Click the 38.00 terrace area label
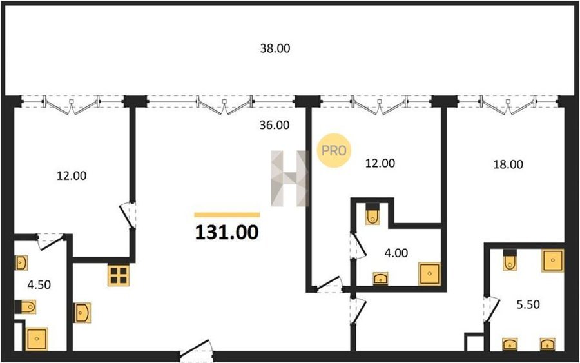coord(275,48)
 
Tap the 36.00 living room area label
coord(274,125)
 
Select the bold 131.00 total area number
coord(227,232)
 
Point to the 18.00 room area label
coord(508,164)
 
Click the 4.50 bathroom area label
coord(39,284)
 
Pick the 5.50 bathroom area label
coord(528,304)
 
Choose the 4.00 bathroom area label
coord(396,253)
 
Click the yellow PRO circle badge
coord(334,150)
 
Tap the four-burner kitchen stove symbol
coord(119,275)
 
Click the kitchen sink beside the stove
coord(82,313)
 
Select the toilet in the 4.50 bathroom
coord(26,307)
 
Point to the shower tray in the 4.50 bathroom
coord(37,339)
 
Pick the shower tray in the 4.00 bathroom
coord(429,274)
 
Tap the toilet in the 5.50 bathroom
coord(510,260)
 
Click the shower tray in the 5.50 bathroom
coord(553,260)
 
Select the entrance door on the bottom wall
coord(197,351)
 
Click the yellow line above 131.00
coord(227,215)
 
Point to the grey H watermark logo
coord(289,178)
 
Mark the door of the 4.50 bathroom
coord(51,241)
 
